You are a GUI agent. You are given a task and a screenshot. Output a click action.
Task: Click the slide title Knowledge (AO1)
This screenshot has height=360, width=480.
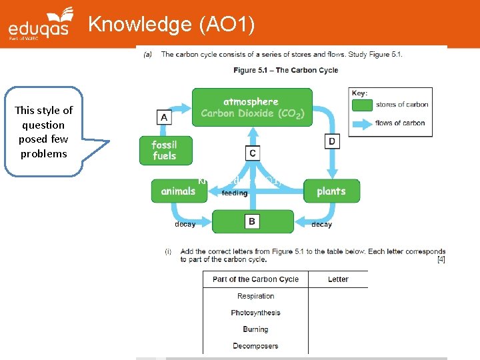coord(172,24)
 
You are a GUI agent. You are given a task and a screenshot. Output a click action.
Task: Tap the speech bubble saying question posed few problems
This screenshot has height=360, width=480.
coord(44,132)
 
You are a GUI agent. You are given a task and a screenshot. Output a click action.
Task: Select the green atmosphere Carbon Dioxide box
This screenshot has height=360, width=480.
coord(251,107)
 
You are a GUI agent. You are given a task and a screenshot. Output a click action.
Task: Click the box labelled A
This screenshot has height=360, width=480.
coord(163,117)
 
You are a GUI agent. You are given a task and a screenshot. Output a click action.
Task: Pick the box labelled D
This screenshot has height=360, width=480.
coord(332,141)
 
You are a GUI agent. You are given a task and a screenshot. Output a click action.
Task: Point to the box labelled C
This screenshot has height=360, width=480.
coord(252,153)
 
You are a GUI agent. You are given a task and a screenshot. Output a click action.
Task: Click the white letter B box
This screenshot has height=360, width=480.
coord(251,221)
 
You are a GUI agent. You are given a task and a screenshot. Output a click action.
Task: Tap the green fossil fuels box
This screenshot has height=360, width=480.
coord(166,151)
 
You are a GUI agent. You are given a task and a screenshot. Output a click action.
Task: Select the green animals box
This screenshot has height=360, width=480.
coord(179,191)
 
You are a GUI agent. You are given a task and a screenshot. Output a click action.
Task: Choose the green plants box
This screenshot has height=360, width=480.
coord(331,191)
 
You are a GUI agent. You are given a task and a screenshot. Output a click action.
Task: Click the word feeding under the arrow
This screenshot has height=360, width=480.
coord(234,193)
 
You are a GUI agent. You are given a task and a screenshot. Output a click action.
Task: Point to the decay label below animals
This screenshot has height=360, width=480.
coord(185,225)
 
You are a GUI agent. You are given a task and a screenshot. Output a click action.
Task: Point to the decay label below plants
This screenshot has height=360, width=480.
coord(321,225)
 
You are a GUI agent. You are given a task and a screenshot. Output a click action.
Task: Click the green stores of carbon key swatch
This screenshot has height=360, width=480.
coord(362,104)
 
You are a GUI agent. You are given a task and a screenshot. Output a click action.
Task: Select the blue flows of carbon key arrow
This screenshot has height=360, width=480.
coord(362,123)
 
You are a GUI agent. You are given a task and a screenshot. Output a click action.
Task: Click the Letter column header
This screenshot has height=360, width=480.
coord(338,279)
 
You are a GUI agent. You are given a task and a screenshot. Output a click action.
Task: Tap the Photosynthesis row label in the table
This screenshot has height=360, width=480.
coord(255,313)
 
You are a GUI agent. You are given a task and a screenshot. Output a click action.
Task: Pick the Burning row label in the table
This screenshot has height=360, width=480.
coord(255,329)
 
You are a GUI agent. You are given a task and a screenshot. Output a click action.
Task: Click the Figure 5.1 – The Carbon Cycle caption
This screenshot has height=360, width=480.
coord(285,70)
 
